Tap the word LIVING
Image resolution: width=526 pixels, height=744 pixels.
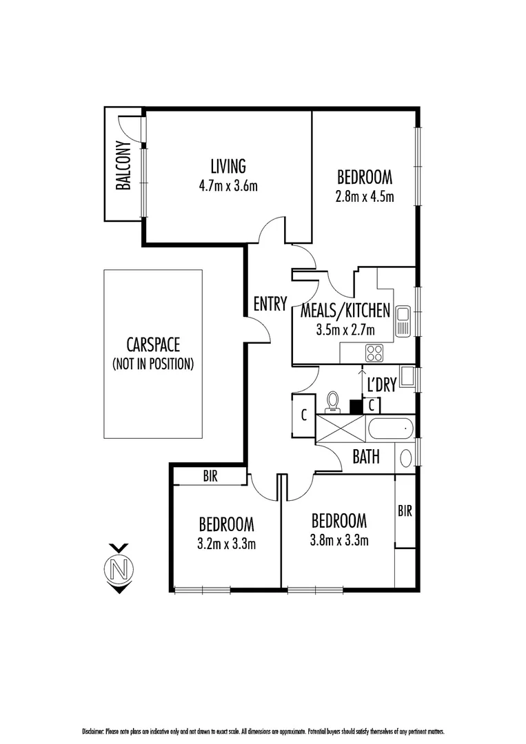click(227, 166)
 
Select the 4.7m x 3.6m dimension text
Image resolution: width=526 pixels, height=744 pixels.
click(227, 185)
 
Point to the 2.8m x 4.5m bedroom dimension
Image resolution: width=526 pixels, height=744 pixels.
click(364, 196)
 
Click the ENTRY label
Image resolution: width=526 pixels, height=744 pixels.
click(270, 304)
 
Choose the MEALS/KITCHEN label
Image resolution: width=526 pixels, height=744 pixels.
click(345, 310)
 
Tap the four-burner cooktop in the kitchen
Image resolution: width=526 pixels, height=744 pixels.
click(374, 353)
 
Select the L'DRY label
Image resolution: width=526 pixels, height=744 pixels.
click(381, 385)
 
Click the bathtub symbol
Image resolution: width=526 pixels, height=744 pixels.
click(391, 429)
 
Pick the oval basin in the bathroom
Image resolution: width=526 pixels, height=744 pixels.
click(406, 457)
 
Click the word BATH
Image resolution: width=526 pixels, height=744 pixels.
click(366, 457)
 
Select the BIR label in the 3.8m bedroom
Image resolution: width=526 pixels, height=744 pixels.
click(405, 511)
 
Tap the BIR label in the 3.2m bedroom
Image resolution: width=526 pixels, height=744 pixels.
click(210, 476)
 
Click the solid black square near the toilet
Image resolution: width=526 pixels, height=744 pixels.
click(356, 406)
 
